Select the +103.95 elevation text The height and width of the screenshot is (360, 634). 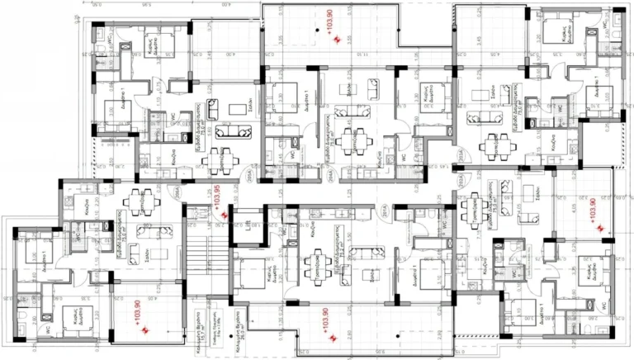point(218,199)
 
